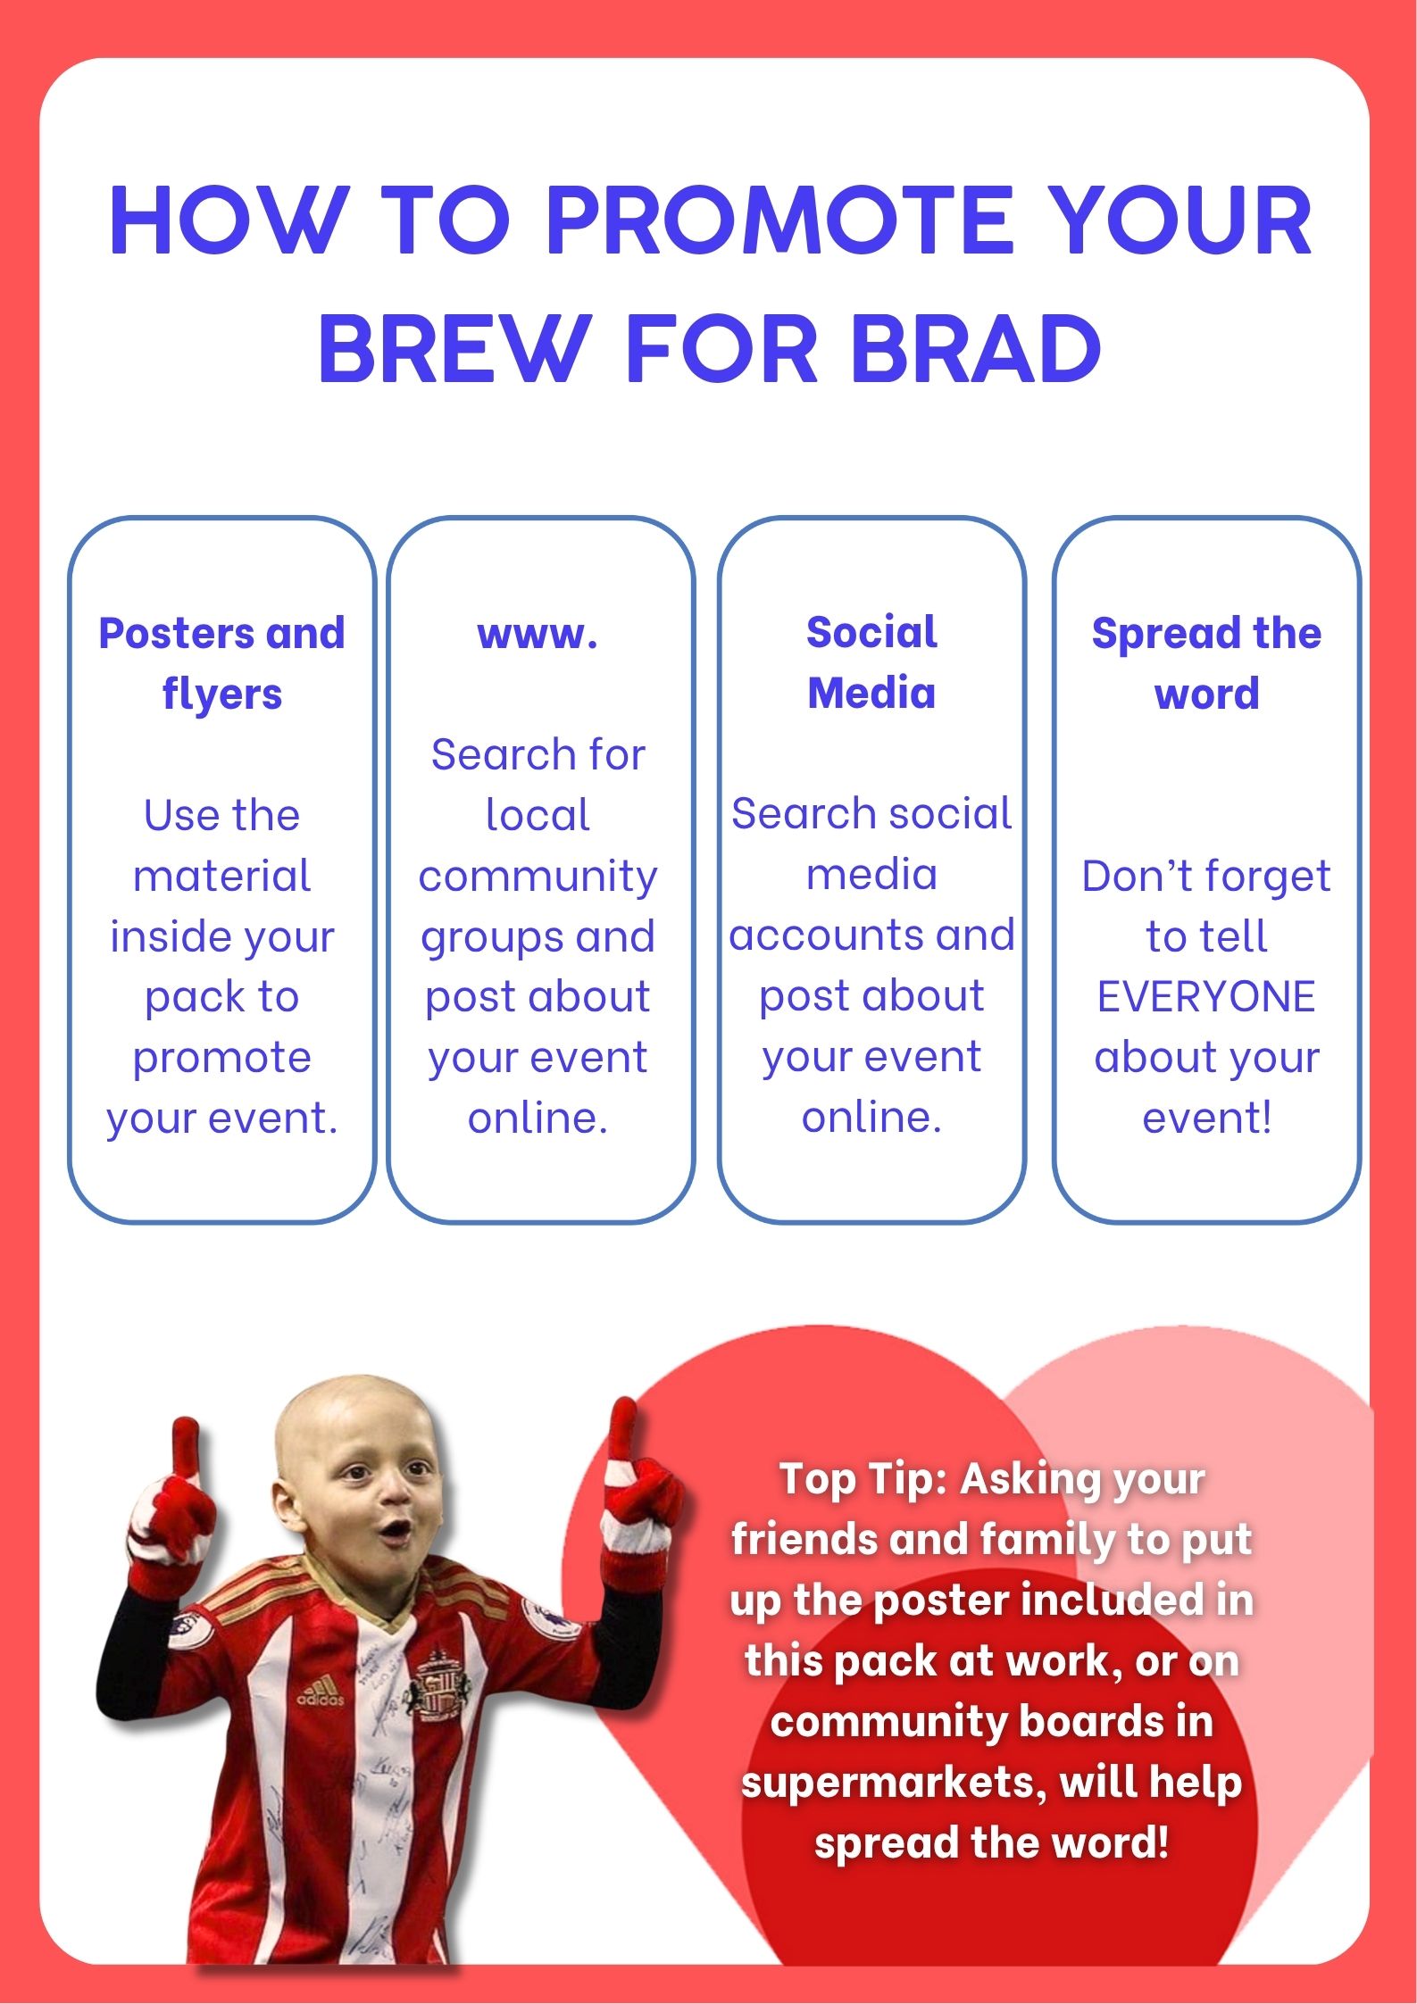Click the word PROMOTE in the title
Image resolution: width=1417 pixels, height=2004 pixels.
tap(779, 220)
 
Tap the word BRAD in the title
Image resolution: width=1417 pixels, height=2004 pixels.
tap(977, 348)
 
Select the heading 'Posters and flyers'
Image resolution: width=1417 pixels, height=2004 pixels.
tap(221, 664)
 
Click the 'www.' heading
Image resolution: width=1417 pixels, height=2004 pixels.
tap(538, 635)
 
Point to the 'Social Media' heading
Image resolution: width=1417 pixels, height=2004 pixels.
tap(871, 662)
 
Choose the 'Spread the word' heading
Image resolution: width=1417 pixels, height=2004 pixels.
tap(1206, 663)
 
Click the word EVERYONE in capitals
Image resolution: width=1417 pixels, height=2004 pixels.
tap(1206, 996)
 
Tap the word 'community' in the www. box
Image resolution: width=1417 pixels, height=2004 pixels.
tap(538, 877)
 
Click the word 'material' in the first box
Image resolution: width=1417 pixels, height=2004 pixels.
tap(221, 876)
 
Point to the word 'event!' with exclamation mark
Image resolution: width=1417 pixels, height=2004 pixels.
tap(1207, 1118)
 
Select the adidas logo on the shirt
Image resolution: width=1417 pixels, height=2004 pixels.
tap(320, 1691)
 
